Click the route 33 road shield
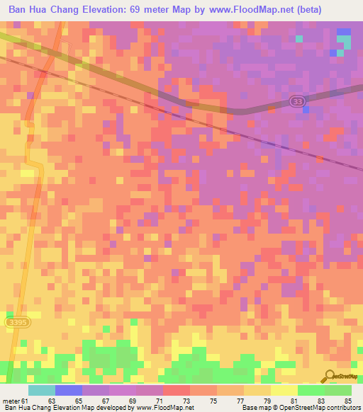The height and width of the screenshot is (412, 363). (x=298, y=103)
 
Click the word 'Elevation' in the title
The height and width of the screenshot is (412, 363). (x=110, y=9)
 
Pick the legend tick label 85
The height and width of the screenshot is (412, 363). (x=347, y=400)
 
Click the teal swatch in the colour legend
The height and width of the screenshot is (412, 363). (x=42, y=390)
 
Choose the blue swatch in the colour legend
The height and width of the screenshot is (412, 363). (x=69, y=390)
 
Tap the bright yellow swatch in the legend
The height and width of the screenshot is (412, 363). (x=284, y=390)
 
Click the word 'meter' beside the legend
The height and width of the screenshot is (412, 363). (x=11, y=400)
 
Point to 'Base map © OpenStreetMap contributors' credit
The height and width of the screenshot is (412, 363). (x=299, y=408)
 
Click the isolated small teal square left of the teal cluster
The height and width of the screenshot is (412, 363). (x=299, y=38)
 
